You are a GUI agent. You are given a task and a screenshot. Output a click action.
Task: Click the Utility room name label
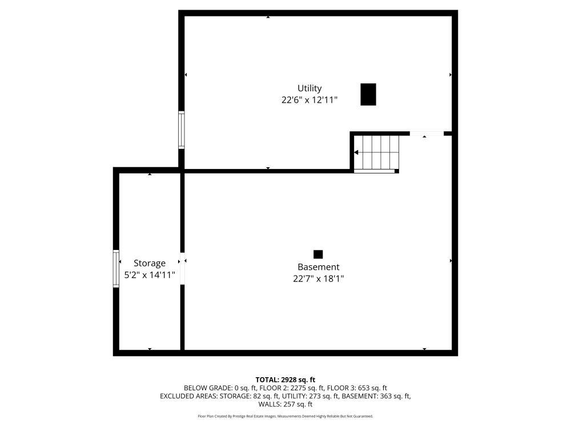(x=309, y=88)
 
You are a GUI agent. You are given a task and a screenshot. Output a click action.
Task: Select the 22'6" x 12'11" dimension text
(x=309, y=100)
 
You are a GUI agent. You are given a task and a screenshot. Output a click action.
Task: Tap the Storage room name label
(x=150, y=263)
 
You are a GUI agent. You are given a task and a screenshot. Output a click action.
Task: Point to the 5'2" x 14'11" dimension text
(x=150, y=275)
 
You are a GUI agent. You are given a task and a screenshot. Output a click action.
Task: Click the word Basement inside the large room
(x=319, y=267)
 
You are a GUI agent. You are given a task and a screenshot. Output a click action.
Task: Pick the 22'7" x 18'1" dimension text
(x=319, y=279)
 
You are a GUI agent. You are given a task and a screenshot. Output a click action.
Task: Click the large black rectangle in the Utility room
(x=368, y=94)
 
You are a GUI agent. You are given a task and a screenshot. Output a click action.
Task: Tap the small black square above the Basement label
(x=318, y=254)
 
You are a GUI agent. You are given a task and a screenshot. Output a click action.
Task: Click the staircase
(x=376, y=152)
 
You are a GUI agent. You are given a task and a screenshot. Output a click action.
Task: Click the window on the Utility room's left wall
(x=182, y=130)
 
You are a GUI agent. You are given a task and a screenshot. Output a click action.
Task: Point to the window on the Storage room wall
(x=116, y=269)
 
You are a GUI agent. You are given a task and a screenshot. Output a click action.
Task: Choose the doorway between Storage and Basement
(x=183, y=269)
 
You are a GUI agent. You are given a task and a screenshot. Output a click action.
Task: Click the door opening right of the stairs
(x=427, y=134)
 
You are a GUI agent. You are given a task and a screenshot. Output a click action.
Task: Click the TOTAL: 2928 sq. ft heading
(x=285, y=380)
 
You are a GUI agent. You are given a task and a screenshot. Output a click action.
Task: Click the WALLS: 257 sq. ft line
(x=285, y=404)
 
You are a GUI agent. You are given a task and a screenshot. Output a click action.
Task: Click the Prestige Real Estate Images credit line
(x=285, y=416)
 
